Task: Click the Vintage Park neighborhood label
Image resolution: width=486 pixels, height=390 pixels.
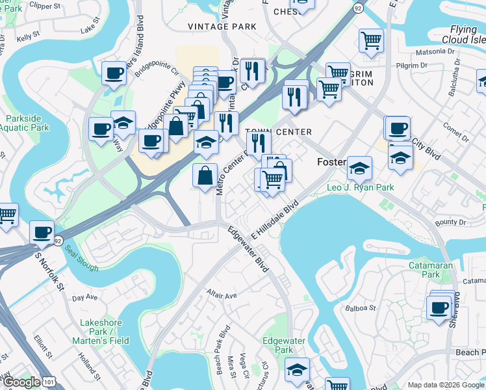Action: [x=222, y=26]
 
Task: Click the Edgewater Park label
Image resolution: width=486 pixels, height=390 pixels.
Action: [x=279, y=345]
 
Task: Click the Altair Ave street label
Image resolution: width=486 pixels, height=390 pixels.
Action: [x=222, y=295]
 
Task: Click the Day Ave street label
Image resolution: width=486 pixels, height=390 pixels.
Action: [x=84, y=298]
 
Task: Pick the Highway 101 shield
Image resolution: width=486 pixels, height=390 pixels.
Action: [x=49, y=382]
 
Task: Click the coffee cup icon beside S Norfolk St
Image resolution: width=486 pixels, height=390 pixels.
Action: [x=42, y=232]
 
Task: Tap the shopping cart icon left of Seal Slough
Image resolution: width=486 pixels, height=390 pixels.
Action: [x=6, y=214]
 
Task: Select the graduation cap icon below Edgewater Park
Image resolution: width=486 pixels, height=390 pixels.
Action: [x=297, y=369]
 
